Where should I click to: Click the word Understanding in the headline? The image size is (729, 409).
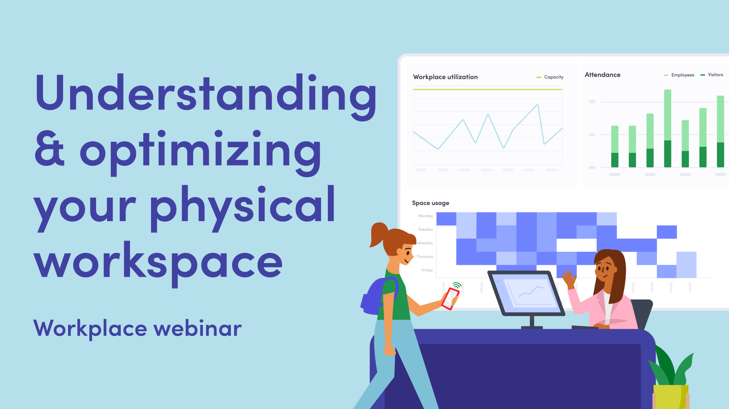click(206, 93)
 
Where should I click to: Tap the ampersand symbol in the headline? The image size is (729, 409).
click(49, 149)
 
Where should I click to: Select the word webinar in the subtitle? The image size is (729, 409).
click(197, 329)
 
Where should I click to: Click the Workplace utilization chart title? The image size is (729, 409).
click(445, 77)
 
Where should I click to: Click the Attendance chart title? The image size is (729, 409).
click(602, 75)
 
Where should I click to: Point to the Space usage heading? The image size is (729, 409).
click(430, 203)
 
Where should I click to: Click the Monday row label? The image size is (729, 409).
click(425, 216)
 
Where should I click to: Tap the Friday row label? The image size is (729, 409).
click(427, 270)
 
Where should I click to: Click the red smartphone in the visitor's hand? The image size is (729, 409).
click(450, 298)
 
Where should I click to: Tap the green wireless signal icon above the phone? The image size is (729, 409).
click(457, 285)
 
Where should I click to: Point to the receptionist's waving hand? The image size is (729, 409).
click(569, 279)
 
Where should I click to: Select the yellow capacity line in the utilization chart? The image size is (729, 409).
click(487, 89)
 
